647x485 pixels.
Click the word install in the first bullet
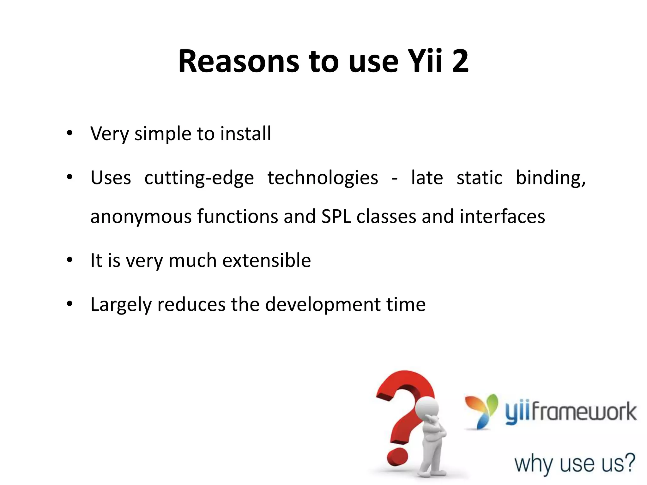(245, 134)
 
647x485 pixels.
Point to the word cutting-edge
(199, 178)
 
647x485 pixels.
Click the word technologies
(323, 178)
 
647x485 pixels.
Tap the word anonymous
(141, 217)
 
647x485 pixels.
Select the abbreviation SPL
(336, 217)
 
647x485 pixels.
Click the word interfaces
(502, 217)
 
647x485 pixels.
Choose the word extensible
(267, 260)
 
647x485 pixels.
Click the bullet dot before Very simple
(70, 133)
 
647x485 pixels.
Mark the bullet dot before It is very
(70, 260)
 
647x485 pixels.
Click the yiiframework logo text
(571, 412)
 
